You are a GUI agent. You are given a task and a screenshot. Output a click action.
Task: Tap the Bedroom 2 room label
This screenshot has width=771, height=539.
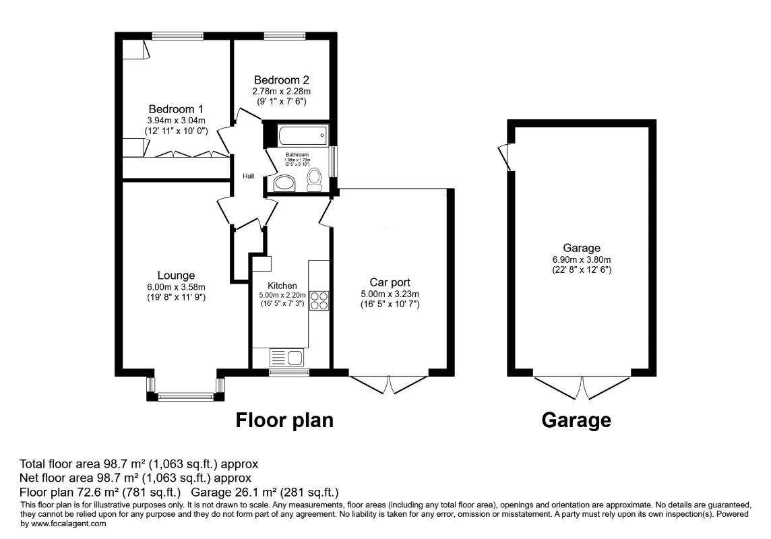(x=280, y=79)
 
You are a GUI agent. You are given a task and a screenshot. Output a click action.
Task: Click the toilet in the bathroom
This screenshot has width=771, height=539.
(x=314, y=179)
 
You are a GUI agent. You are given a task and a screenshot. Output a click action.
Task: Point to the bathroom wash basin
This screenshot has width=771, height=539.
(x=284, y=183)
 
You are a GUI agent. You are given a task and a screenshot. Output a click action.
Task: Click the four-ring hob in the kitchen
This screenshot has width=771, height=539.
(x=319, y=300)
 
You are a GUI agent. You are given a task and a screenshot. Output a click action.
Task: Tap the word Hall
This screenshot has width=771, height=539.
(x=249, y=177)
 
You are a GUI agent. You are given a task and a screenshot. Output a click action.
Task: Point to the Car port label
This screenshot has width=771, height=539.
(x=390, y=282)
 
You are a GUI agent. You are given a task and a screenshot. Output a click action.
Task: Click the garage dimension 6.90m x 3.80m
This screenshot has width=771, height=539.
(x=582, y=259)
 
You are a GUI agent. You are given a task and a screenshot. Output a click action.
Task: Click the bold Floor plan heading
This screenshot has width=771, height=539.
(x=284, y=420)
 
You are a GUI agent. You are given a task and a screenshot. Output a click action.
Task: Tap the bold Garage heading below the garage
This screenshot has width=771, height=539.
(x=576, y=420)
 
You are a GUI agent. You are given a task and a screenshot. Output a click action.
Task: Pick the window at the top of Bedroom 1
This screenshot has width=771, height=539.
(x=177, y=36)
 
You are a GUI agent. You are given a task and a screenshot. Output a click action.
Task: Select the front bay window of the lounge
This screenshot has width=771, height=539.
(x=185, y=397)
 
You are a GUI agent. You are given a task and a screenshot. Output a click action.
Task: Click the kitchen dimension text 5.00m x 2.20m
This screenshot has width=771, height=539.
(x=282, y=295)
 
